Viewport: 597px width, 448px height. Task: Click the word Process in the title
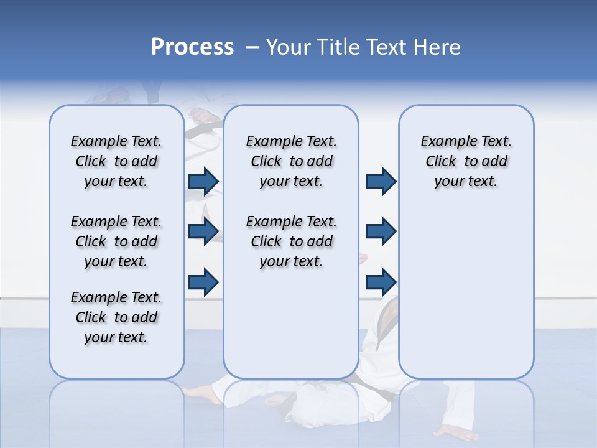tap(192, 47)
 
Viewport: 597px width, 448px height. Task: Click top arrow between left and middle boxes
tap(203, 182)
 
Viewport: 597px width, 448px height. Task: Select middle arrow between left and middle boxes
tap(203, 231)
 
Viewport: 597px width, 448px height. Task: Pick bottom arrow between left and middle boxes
tap(203, 282)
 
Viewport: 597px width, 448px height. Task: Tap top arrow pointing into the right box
tap(381, 182)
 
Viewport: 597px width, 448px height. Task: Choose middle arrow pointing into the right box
tap(381, 231)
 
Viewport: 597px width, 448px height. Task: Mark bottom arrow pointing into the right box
tap(381, 282)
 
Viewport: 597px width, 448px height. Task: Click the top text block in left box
tap(116, 161)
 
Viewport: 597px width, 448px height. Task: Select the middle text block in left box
tap(116, 241)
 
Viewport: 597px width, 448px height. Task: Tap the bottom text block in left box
tap(116, 317)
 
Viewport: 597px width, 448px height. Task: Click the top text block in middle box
tap(291, 161)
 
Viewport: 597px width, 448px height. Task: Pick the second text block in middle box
tap(291, 241)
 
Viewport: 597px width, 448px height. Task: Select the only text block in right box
tap(466, 161)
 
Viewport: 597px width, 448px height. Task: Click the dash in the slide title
tap(252, 47)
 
